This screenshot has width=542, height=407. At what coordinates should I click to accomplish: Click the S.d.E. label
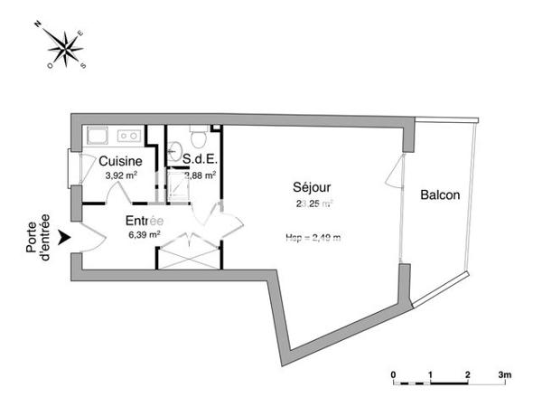[x=199, y=161]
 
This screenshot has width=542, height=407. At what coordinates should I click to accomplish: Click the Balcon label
[x=441, y=194]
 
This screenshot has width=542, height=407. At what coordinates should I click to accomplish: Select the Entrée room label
[x=144, y=220]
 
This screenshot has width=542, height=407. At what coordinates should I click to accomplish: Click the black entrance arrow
[x=63, y=238]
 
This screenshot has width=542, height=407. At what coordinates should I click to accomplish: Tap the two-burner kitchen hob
[x=129, y=137]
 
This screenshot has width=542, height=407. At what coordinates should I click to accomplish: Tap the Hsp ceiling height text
[x=313, y=239]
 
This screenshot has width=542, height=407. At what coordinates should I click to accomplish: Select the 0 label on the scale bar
[x=393, y=373]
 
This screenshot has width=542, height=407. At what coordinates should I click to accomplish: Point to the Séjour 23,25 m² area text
[x=314, y=203]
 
